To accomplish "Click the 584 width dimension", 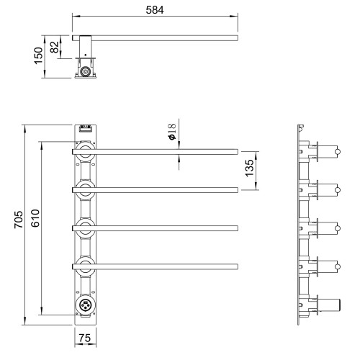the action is coord(155,10).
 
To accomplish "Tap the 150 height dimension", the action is coord(38,55).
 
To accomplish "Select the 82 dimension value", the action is coord(54,47).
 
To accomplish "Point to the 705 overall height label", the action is coord(18,220).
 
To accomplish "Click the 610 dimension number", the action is coord(35,218).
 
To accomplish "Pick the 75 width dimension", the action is coord(85,338).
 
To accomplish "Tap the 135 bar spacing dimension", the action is coord(250,168).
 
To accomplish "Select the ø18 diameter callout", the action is coord(172,131).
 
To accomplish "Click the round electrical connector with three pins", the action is coord(85,305).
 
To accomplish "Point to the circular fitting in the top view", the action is coord(85,71).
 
